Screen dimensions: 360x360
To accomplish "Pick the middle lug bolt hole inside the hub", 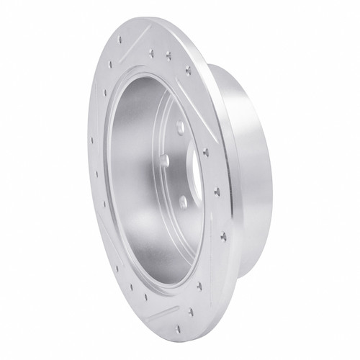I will (164, 159).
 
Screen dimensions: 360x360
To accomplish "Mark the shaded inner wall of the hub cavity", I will (137, 180).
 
